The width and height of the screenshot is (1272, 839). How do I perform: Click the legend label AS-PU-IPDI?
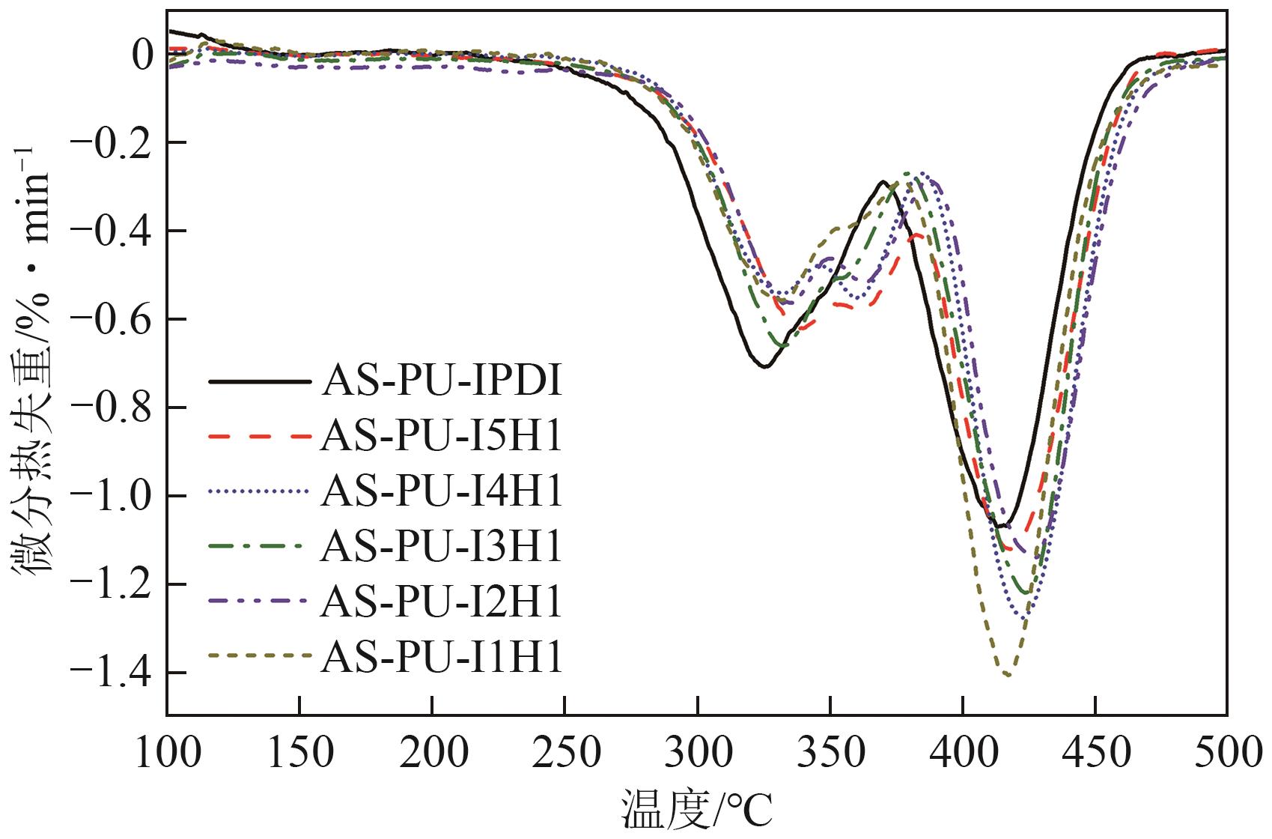point(441,382)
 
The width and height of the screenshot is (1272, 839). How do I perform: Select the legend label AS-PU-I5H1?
point(441,437)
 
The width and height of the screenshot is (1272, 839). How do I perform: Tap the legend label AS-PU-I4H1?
point(441,493)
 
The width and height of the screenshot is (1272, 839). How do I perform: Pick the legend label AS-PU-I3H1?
point(441,548)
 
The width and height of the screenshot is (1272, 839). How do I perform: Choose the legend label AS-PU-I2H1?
point(441,603)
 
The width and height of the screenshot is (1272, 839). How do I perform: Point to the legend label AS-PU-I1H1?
point(441,658)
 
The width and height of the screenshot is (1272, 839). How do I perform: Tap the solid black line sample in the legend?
point(259,382)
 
